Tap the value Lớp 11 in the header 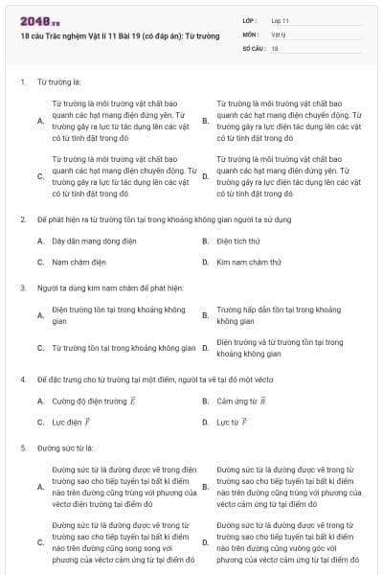tap(281, 20)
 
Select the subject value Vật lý tap(279, 34)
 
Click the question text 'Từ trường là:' tap(58, 82)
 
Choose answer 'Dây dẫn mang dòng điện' tap(92, 241)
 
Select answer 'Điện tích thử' tap(238, 241)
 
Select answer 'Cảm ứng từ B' tap(241, 402)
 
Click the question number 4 tap(22, 380)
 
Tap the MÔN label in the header tap(251, 34)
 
